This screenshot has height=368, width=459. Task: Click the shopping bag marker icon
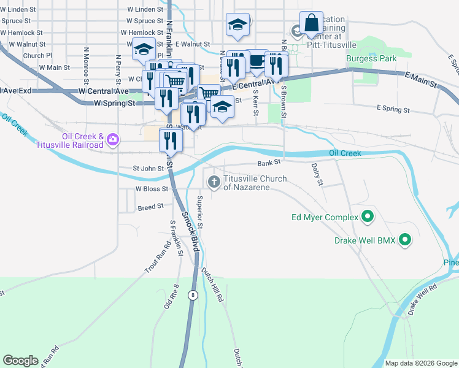click(311, 23)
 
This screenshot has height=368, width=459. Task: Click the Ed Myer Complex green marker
click(368, 217)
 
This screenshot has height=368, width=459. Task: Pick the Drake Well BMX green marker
click(405, 240)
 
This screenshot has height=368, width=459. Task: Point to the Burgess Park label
click(371, 58)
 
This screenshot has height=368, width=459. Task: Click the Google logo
click(20, 361)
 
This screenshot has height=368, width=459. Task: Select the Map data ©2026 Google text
click(420, 363)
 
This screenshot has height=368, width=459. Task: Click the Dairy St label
click(318, 174)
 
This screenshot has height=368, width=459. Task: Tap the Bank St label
click(269, 163)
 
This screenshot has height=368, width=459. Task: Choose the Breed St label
click(151, 207)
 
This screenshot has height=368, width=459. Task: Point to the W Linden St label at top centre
click(145, 10)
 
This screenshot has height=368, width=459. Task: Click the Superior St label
click(200, 210)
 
